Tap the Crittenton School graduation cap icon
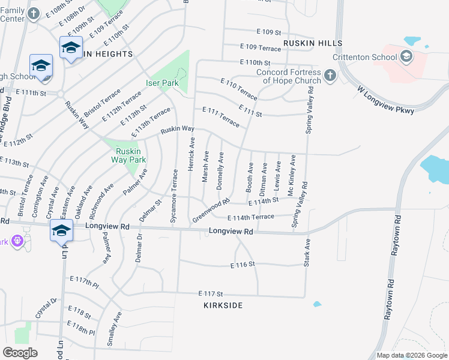click(406, 57)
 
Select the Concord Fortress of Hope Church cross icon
click(330, 76)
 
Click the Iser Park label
click(162, 83)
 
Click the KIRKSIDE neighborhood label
click(223, 305)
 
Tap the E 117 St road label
click(211, 294)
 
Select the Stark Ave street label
click(307, 253)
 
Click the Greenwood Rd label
click(211, 211)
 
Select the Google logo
click(20, 353)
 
